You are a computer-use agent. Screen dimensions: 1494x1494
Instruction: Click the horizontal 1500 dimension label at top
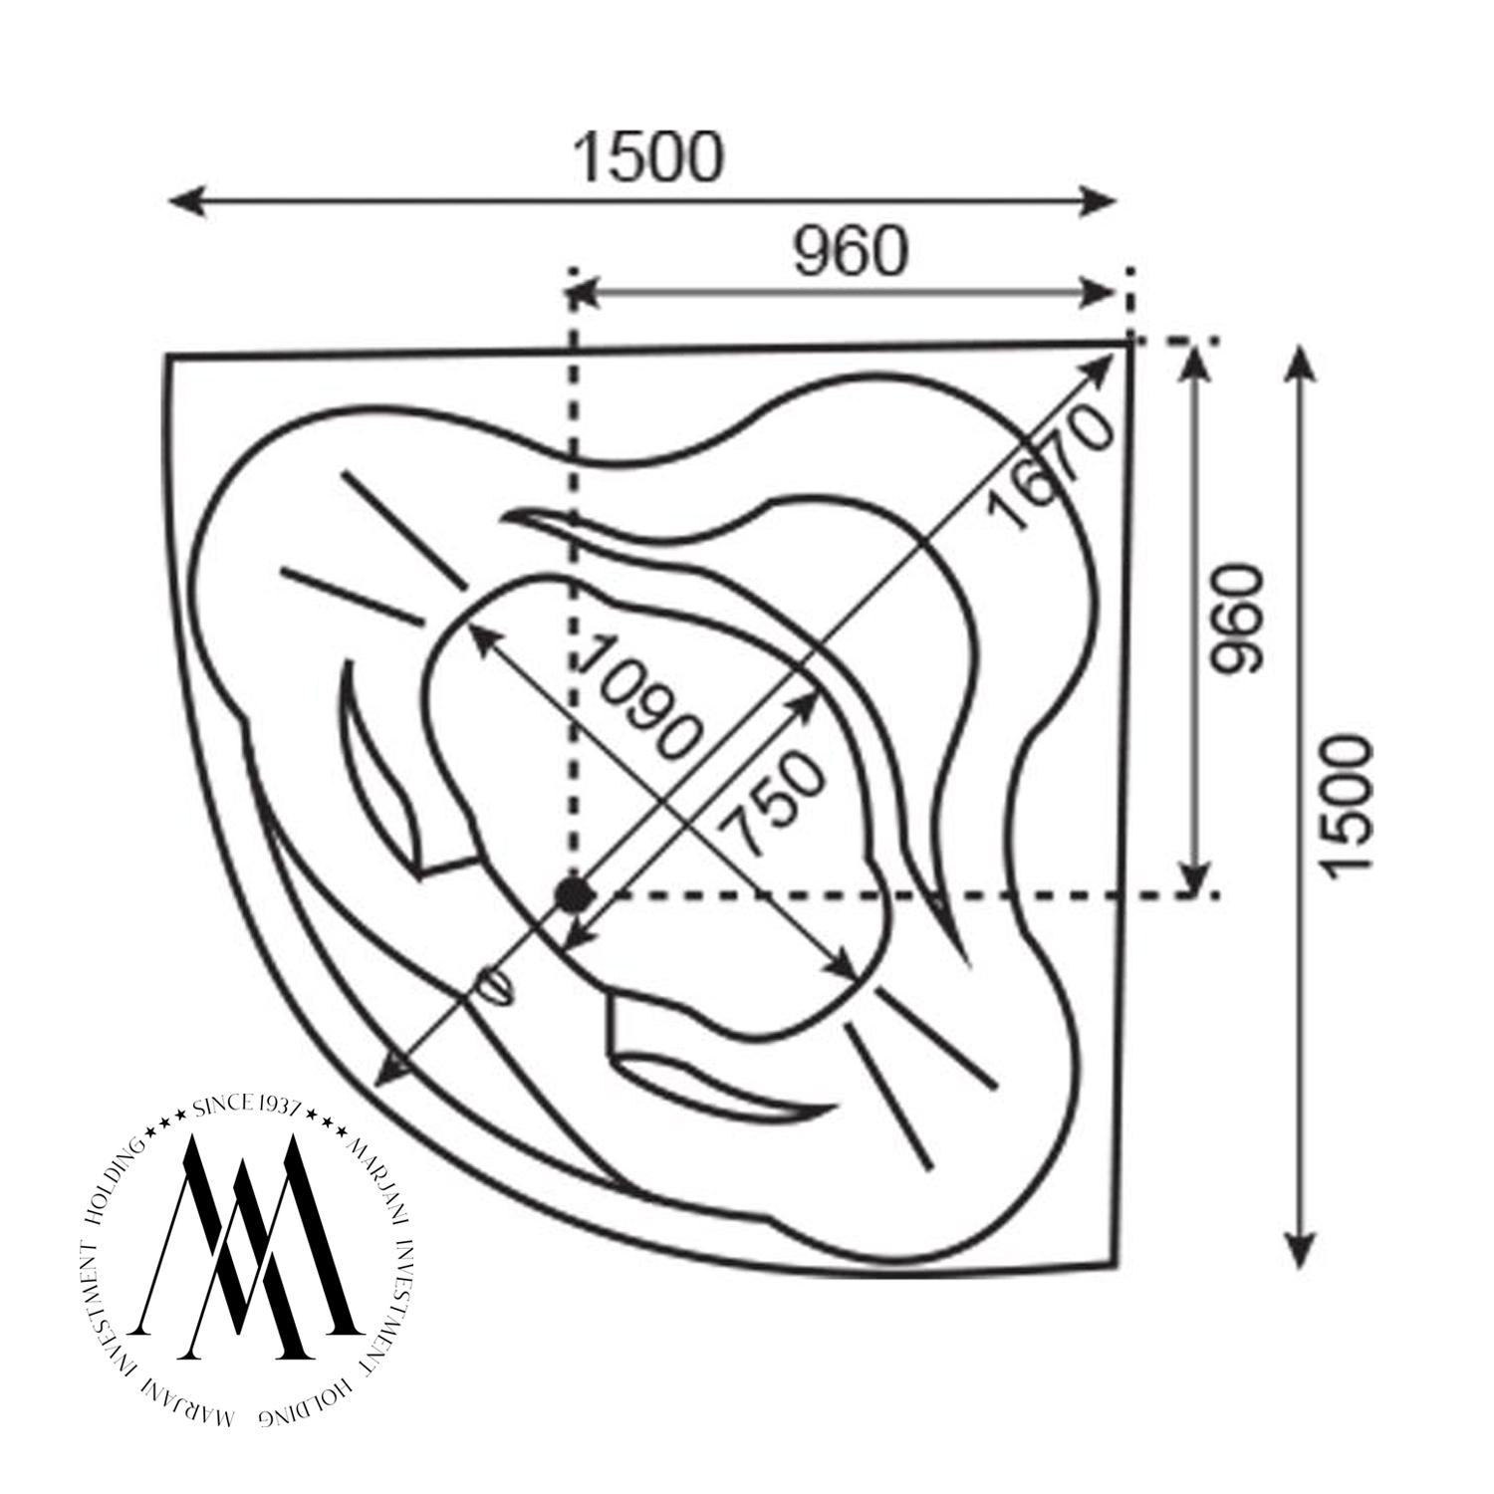coord(648,157)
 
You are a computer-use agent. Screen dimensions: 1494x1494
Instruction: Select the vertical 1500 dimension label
coord(1350,806)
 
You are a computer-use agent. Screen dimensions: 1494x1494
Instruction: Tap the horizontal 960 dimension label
coord(852,251)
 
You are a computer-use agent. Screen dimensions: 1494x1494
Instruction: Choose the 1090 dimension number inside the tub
coord(638,696)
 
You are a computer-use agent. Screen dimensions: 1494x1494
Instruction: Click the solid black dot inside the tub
coord(571,892)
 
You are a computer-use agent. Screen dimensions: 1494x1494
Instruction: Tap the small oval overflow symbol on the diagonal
coord(494,986)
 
